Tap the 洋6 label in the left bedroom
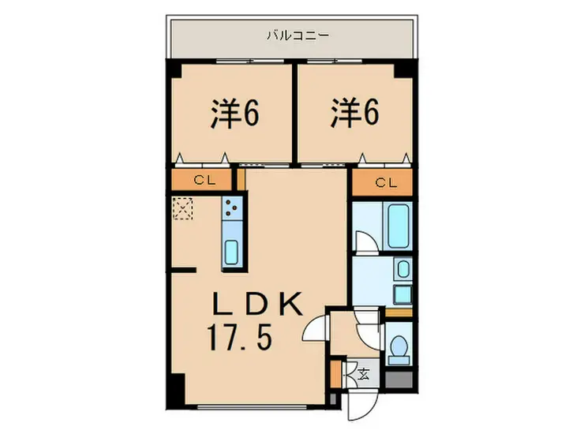click(x=234, y=114)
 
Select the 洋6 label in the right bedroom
click(x=354, y=114)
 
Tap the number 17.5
click(x=241, y=339)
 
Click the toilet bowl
click(x=399, y=348)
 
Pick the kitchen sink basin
click(x=233, y=250)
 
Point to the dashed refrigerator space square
click(x=184, y=208)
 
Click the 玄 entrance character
click(x=364, y=373)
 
